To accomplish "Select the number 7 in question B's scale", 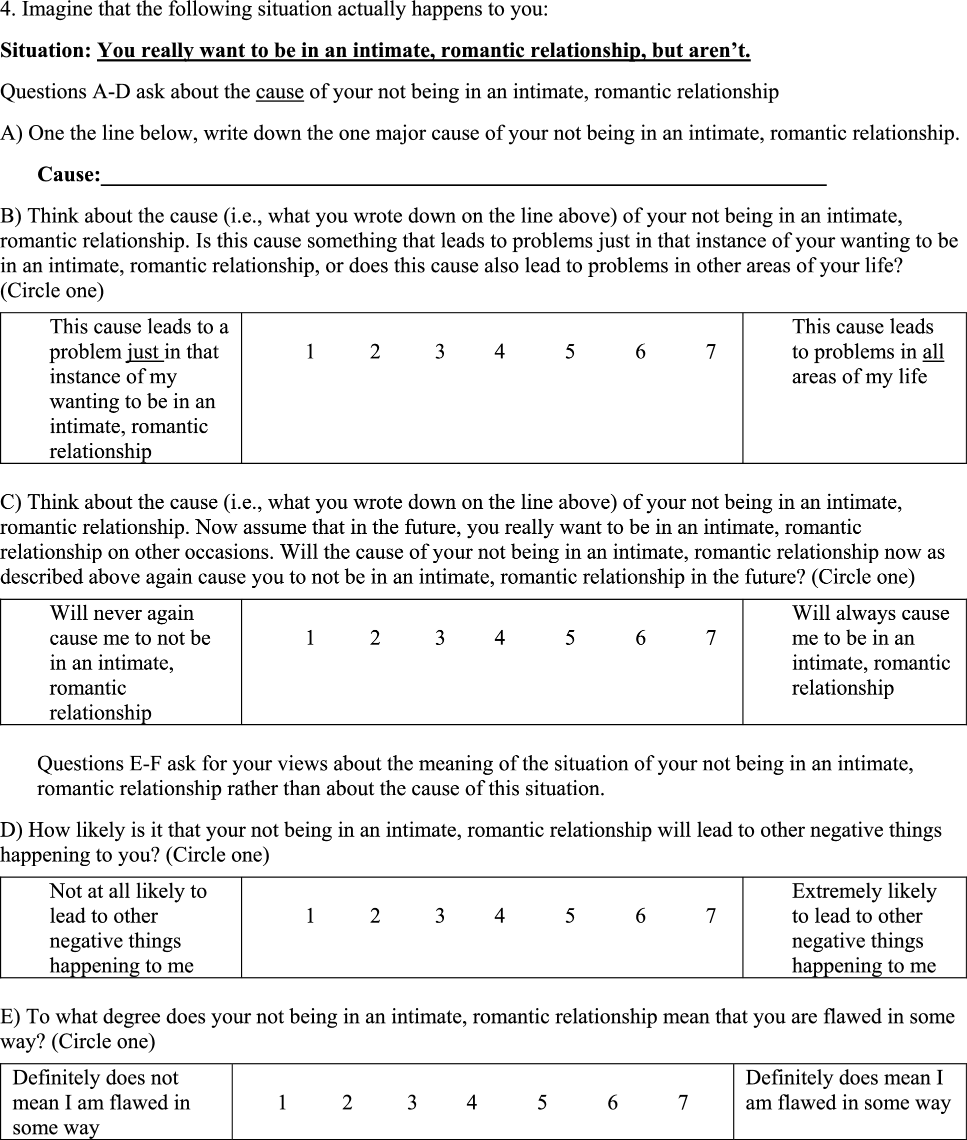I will click(x=711, y=352).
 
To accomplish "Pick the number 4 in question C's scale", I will click(x=499, y=638).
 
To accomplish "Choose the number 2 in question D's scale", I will click(x=375, y=916).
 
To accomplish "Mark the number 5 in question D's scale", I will click(x=570, y=916).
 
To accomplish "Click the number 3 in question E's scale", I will click(x=412, y=1102).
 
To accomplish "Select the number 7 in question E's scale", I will click(x=683, y=1102).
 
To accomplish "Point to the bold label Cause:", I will click(x=69, y=174).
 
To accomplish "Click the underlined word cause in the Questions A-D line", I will click(x=279, y=91).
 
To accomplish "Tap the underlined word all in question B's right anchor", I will click(x=933, y=352).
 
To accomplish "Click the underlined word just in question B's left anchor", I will click(x=143, y=352).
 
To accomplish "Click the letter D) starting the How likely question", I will click(x=11, y=830).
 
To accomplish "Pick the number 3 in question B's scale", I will click(x=439, y=352).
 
